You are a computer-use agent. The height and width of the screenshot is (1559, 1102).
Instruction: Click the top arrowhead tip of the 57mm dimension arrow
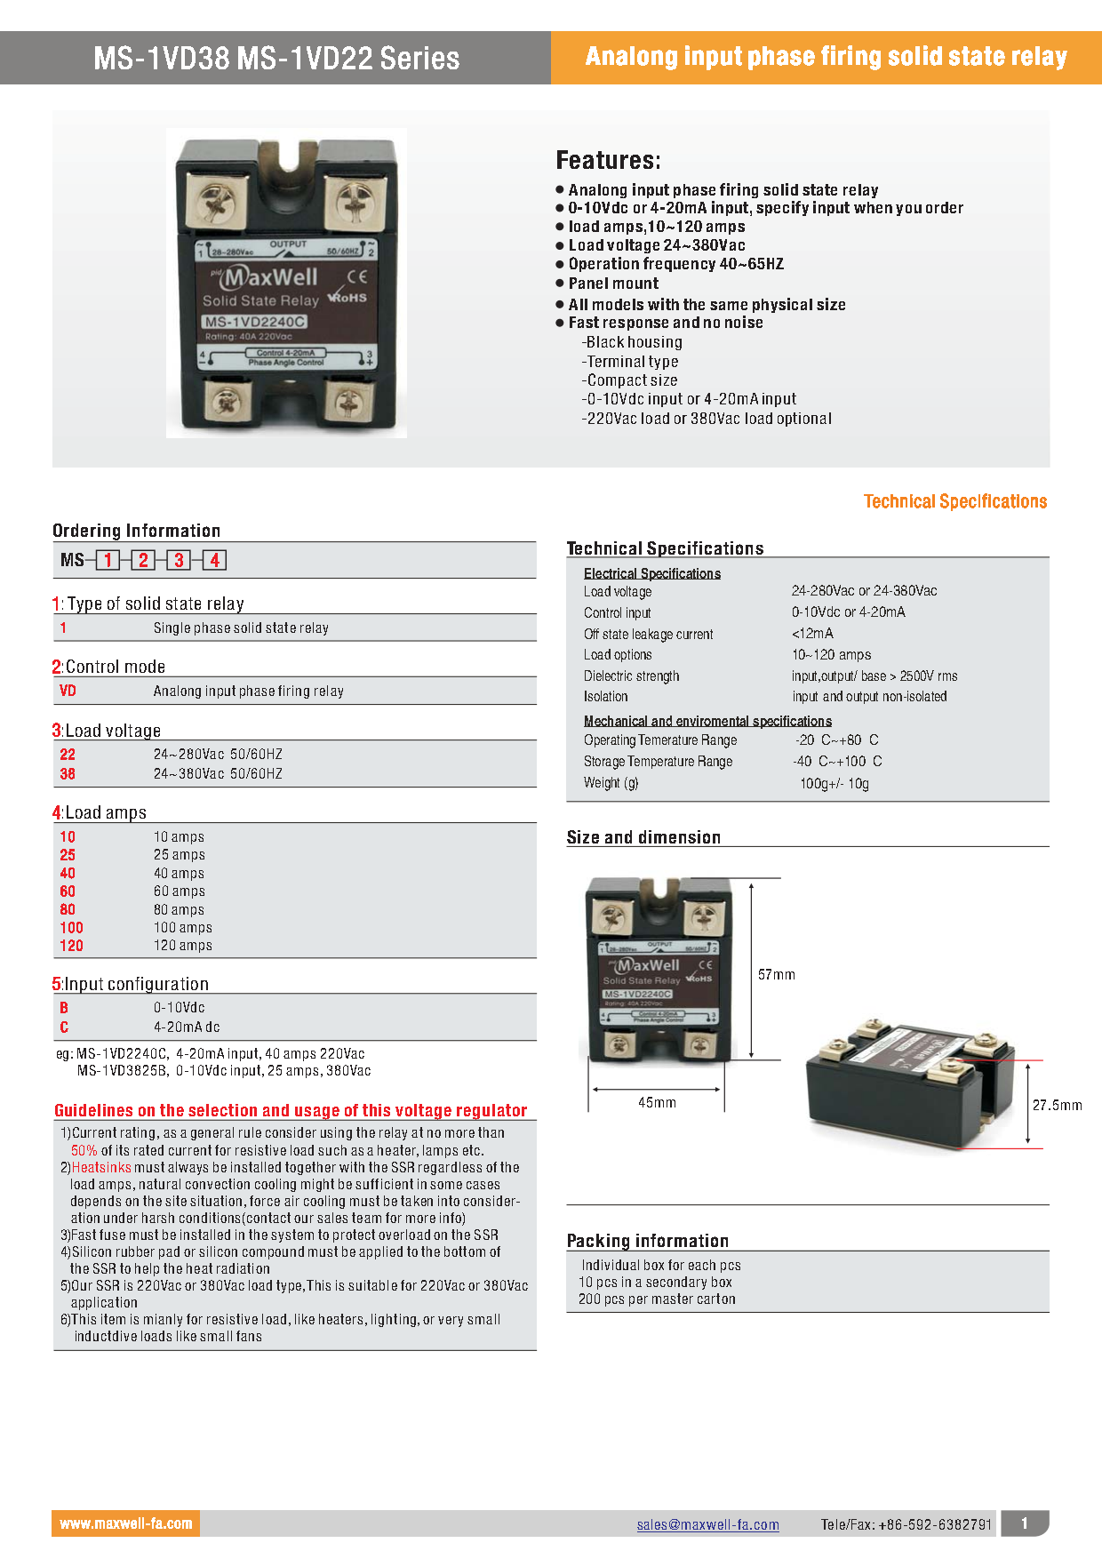[752, 883]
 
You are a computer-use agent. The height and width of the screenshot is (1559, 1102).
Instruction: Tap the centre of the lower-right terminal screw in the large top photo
[348, 402]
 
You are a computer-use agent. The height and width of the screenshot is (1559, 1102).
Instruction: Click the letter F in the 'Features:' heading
[563, 161]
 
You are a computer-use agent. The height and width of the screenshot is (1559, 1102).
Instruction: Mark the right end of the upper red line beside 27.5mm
[1043, 1060]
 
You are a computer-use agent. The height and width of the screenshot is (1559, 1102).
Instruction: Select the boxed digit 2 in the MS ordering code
[143, 560]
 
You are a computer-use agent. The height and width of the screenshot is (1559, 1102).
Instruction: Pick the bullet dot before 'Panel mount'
[560, 284]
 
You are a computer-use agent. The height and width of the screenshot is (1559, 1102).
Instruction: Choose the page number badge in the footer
[1025, 1523]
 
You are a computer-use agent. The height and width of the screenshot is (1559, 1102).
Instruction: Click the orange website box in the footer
[125, 1523]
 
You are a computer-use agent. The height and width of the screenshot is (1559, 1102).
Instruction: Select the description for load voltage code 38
[218, 774]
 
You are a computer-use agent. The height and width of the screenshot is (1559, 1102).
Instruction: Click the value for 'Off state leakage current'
[812, 634]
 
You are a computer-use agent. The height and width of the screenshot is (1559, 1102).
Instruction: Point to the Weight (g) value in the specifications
[834, 784]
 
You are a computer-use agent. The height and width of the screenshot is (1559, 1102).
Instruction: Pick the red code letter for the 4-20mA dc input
[64, 1027]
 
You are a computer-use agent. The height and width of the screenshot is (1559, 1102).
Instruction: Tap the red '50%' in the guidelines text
[84, 1150]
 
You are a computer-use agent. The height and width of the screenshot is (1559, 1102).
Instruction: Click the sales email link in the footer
[707, 1525]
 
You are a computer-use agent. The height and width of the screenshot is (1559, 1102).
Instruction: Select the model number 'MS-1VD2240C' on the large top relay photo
[254, 322]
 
